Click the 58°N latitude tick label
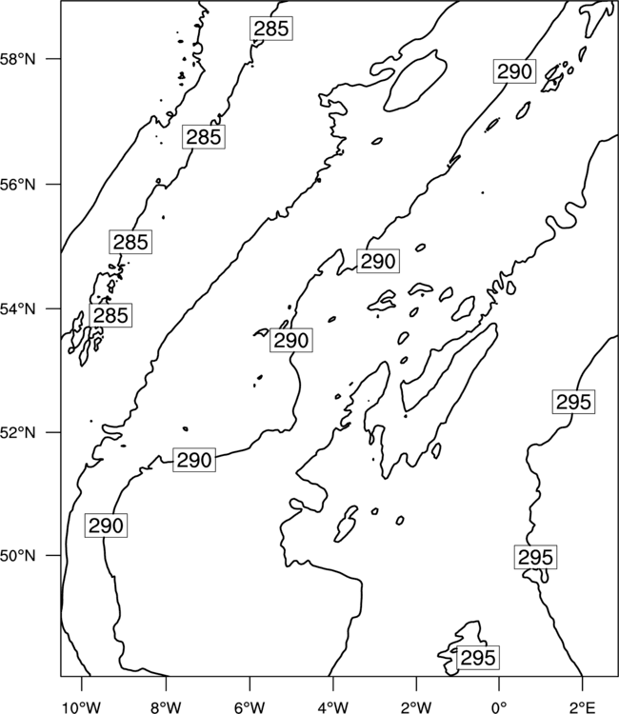coord(18,59)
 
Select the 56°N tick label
coord(18,185)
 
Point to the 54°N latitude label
coord(18,308)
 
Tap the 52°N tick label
coord(18,432)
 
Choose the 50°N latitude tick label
coord(18,556)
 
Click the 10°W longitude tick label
coord(82,707)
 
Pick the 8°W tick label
coord(166,707)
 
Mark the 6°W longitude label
coord(250,707)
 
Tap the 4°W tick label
coord(333,707)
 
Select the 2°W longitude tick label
coord(416,707)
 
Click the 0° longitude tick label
coord(499,707)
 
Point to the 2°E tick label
coord(583,707)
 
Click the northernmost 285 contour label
coord(271,29)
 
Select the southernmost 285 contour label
coord(110,315)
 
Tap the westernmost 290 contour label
coord(106,526)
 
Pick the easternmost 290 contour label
coord(514,71)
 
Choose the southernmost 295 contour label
coord(478,658)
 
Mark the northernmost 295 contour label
coord(573,402)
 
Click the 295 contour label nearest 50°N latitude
coord(535,557)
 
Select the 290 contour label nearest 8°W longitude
coord(194,460)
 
